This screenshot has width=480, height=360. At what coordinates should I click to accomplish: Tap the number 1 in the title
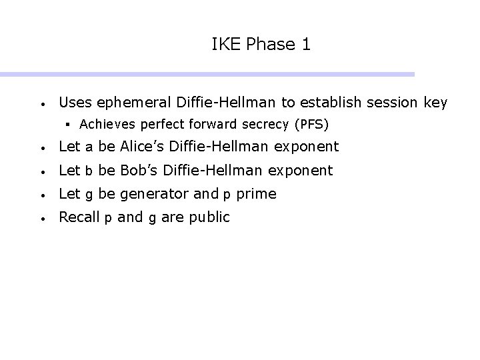[x=305, y=45]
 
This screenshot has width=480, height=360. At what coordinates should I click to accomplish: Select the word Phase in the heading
[x=270, y=45]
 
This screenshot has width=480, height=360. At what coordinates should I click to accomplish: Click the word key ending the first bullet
[x=435, y=103]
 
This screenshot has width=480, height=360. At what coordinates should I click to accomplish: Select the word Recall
[x=78, y=217]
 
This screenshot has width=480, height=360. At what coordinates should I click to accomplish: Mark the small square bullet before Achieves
[x=69, y=124]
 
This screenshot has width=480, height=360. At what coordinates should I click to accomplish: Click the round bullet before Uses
[x=42, y=105]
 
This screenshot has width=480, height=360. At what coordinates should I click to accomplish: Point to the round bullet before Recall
[x=42, y=218]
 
